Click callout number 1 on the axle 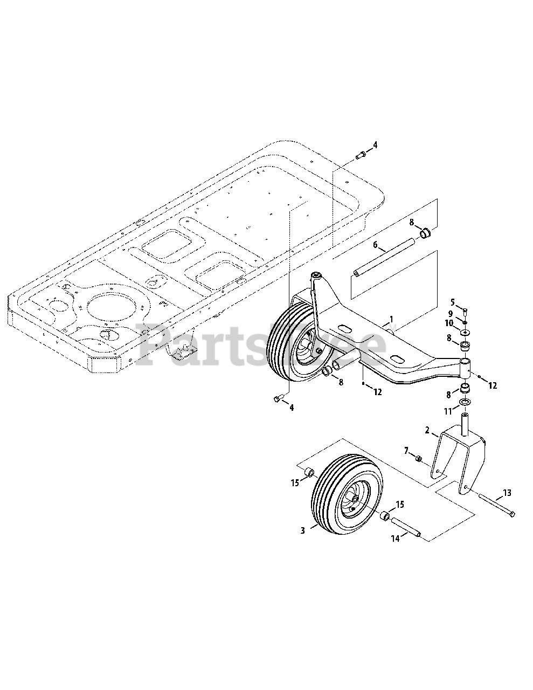[391, 319]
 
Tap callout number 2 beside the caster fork [427, 430]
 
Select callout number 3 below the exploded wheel [302, 530]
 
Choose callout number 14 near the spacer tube [395, 539]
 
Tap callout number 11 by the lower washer [448, 411]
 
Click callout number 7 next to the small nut [406, 450]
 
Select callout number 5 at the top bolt [453, 302]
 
